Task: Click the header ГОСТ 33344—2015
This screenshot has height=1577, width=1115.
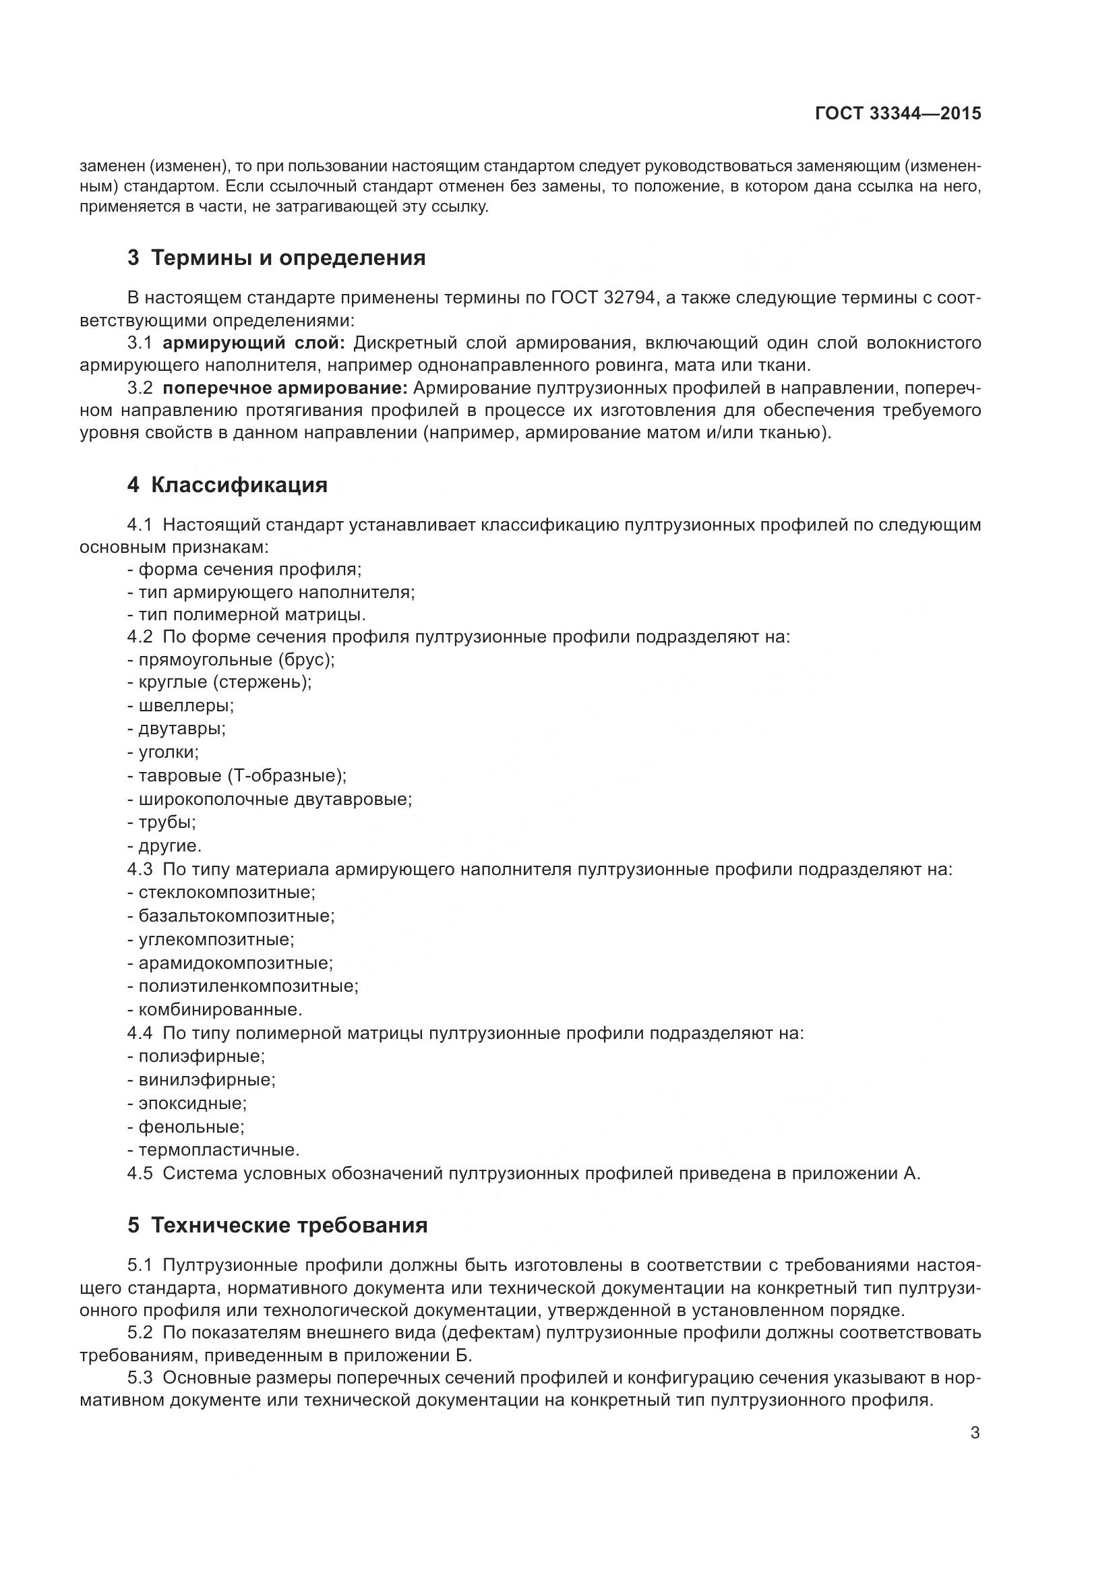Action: [897, 113]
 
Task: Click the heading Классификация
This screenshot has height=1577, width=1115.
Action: [239, 485]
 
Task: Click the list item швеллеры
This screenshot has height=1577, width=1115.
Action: [186, 705]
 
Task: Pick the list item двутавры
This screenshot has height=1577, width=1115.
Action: [182, 728]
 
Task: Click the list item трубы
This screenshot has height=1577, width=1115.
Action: [167, 822]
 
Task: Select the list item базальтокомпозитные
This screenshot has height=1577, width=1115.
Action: [236, 916]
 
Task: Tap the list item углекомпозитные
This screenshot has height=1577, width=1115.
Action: [216, 939]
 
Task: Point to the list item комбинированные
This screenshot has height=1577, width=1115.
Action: [220, 1009]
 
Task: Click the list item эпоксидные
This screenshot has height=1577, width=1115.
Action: [192, 1103]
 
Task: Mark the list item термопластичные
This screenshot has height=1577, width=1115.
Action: [219, 1150]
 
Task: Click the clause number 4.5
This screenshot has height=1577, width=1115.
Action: [140, 1173]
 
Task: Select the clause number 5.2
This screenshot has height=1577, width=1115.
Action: [140, 1333]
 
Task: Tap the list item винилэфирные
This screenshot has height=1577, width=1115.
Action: [207, 1079]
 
